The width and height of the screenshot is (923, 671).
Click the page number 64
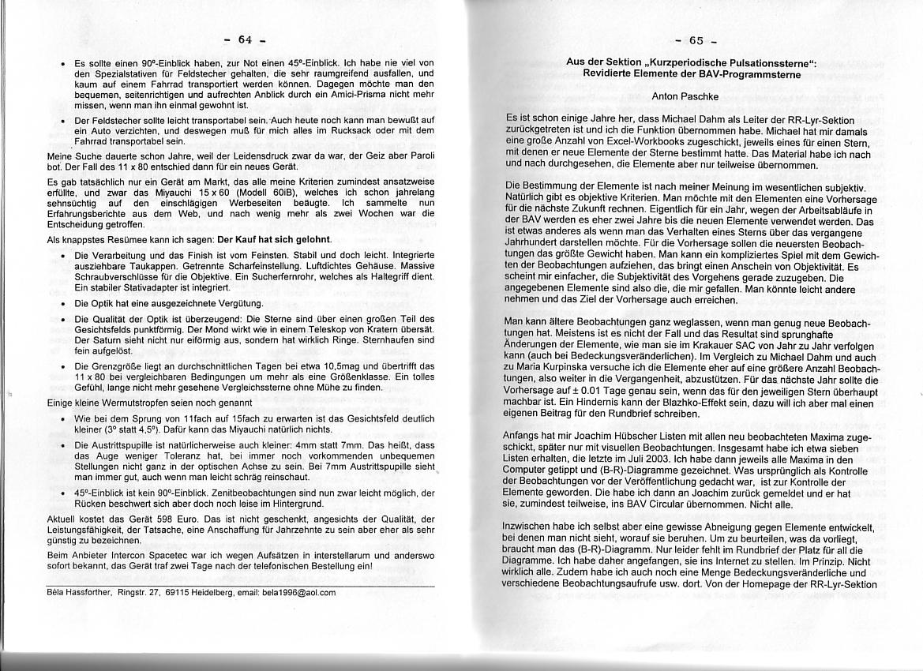[244, 39]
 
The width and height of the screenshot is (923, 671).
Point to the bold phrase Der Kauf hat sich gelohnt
[274, 239]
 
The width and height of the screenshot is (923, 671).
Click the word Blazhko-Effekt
[701, 403]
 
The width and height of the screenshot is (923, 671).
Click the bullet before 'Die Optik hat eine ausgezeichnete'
[62, 304]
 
